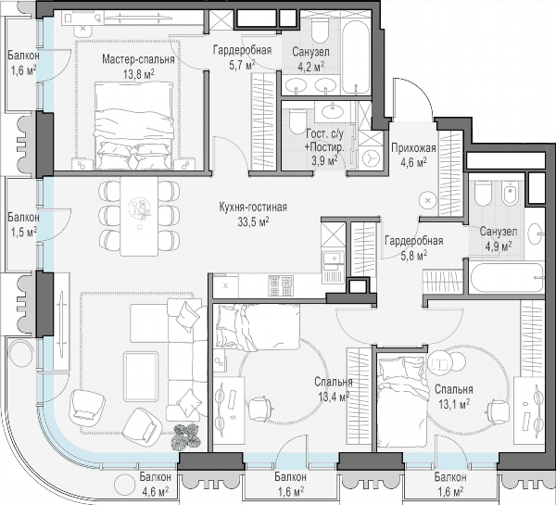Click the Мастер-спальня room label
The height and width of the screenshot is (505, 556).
pyautogui.click(x=138, y=59)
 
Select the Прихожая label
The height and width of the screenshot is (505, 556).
pyautogui.click(x=413, y=147)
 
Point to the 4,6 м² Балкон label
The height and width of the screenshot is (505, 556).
pyautogui.click(x=155, y=483)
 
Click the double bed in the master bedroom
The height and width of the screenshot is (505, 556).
pyautogui.click(x=134, y=125)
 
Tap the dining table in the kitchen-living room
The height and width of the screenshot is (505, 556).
pyautogui.click(x=139, y=216)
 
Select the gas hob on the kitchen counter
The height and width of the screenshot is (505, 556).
pyautogui.click(x=281, y=285)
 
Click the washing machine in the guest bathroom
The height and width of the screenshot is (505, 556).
pyautogui.click(x=371, y=158)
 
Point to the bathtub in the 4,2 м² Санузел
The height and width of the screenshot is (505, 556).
pyautogui.click(x=356, y=53)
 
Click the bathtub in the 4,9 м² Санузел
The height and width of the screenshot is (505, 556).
pyautogui.click(x=507, y=277)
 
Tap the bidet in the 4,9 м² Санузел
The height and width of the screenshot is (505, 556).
pyautogui.click(x=511, y=194)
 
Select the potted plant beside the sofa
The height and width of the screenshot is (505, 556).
pyautogui.click(x=186, y=437)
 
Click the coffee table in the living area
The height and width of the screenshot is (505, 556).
pyautogui.click(x=141, y=376)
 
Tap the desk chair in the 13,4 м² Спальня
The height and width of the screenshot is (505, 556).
pyautogui.click(x=260, y=409)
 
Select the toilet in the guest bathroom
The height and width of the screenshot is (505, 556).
pyautogui.click(x=297, y=121)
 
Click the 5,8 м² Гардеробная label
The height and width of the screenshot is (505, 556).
pyautogui.click(x=414, y=247)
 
